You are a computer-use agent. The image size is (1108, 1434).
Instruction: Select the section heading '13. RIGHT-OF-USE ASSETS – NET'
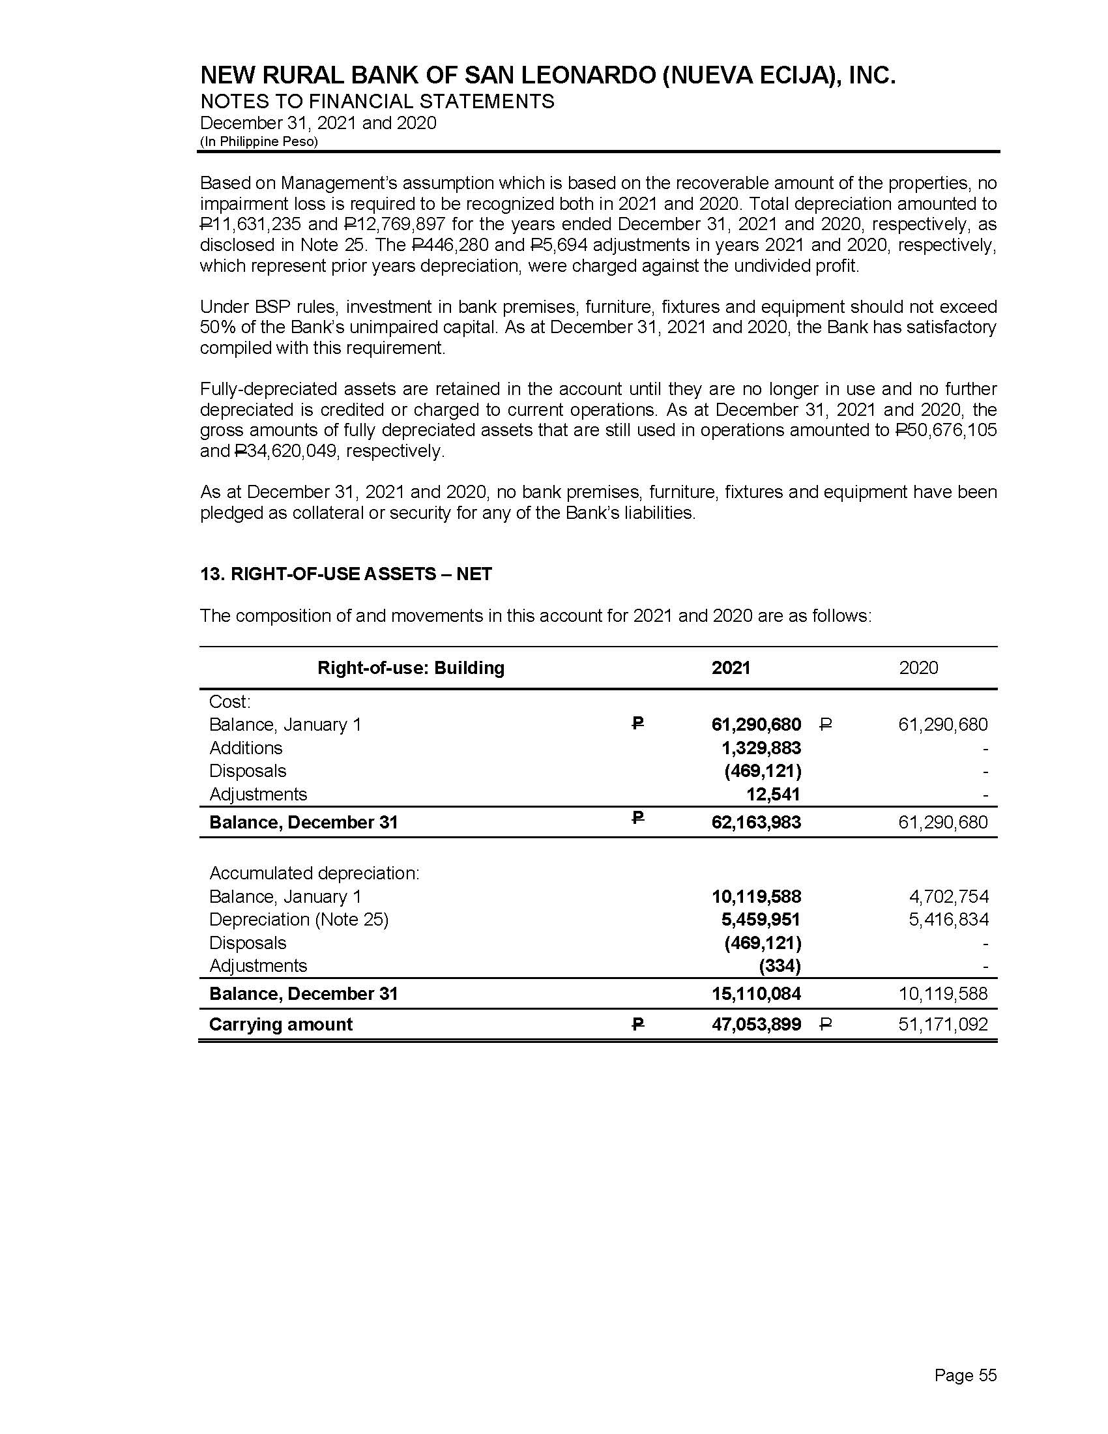346,574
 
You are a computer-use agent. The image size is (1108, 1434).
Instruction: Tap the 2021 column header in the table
731,667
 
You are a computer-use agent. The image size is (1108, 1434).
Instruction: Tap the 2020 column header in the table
918,667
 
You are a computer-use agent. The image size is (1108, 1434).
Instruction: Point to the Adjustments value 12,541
773,795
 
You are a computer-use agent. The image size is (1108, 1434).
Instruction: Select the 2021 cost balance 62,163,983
756,822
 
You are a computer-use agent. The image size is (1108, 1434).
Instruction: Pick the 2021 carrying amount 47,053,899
756,1024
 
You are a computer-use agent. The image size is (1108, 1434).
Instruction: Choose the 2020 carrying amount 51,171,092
942,1024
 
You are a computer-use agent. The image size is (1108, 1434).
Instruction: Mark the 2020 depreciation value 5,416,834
948,919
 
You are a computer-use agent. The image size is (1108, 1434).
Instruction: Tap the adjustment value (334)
780,966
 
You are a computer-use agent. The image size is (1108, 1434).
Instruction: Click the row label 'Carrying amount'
280,1024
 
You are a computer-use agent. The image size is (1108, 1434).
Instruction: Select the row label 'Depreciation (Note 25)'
299,919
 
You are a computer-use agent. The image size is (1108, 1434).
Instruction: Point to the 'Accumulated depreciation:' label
313,873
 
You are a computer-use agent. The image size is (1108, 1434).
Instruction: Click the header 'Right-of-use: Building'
411,667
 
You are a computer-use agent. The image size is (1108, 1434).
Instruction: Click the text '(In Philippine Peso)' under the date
259,142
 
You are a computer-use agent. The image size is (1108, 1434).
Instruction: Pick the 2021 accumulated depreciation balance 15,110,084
756,993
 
